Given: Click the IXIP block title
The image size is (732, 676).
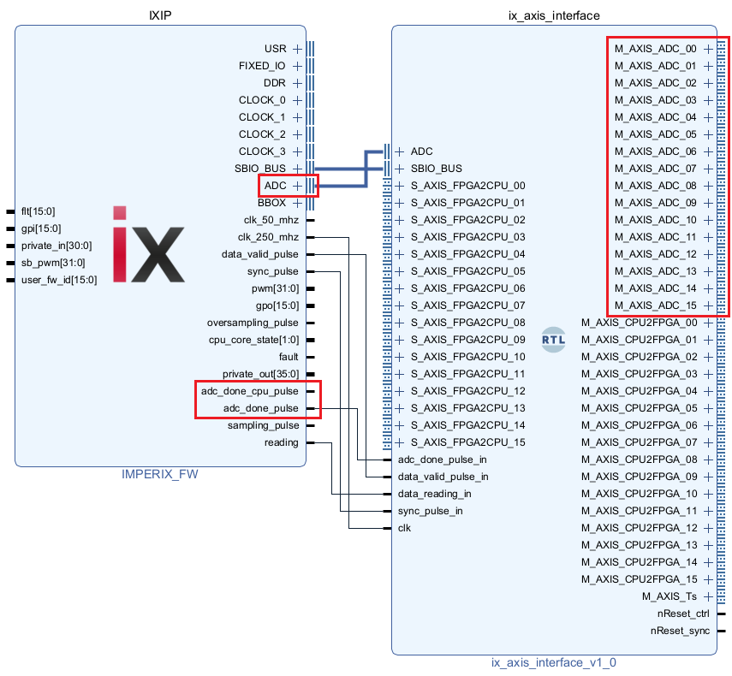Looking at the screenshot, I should click(162, 15).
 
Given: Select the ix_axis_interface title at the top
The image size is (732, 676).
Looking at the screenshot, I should click(554, 15).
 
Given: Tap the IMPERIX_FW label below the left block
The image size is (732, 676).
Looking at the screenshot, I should click(160, 473).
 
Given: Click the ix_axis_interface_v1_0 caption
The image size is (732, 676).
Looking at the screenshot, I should click(553, 661).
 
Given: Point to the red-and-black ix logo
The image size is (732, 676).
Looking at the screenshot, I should click(148, 244).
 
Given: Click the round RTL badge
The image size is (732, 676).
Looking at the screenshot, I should click(554, 340).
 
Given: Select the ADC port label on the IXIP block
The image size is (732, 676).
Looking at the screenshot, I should click(275, 186).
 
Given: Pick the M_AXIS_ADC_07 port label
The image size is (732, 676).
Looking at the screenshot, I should click(656, 169).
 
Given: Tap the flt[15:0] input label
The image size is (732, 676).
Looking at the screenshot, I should click(38, 211).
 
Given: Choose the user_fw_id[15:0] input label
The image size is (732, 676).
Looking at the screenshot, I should click(58, 279).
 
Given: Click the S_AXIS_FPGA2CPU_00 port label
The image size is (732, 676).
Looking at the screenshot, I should click(467, 186).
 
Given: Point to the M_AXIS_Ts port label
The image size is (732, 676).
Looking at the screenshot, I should click(670, 596).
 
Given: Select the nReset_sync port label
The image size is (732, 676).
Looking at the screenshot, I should click(681, 631).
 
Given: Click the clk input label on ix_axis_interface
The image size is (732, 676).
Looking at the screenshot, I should click(404, 528).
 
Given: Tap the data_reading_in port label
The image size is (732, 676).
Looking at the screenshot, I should click(434, 494).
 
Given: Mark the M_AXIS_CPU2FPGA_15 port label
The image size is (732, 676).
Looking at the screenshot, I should click(640, 579).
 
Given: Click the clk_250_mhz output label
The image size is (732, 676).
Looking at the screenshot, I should click(268, 237).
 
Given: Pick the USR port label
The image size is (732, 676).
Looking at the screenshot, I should click(276, 49).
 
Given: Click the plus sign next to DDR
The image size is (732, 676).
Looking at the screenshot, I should click(297, 83).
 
